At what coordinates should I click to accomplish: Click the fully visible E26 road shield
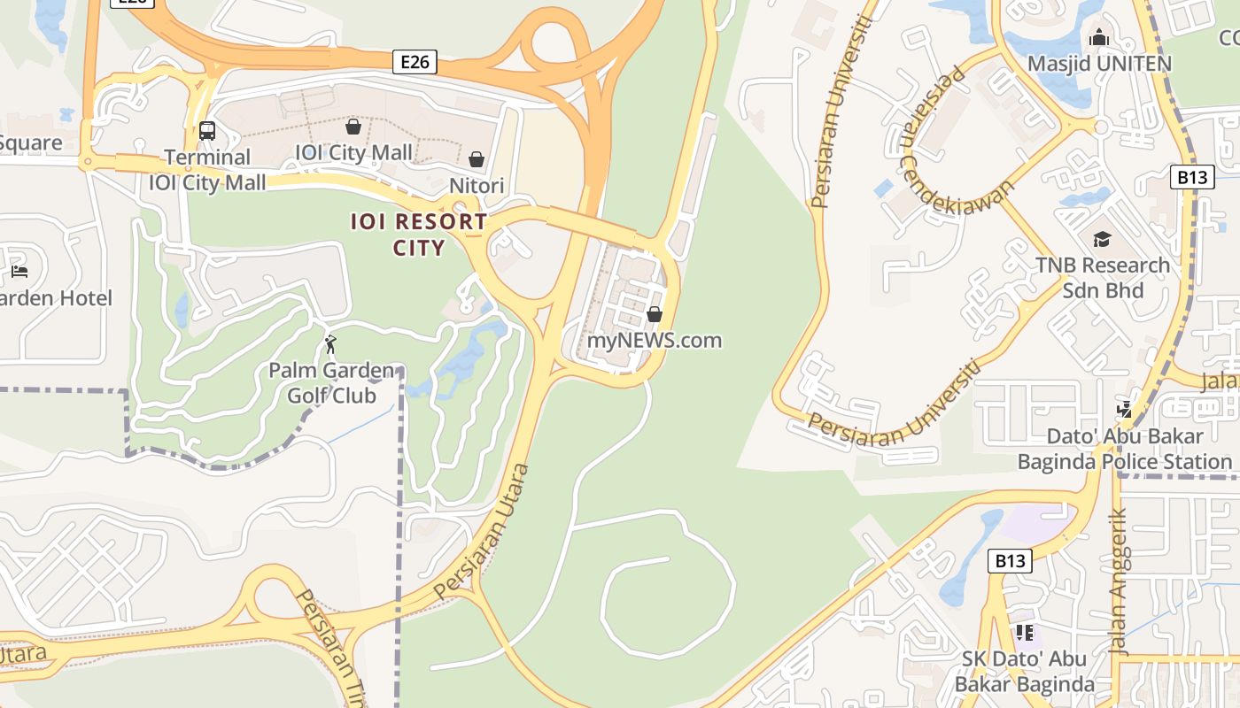coord(415,62)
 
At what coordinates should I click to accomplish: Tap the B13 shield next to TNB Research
coord(1192,177)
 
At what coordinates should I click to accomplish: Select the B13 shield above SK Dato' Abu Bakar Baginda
coord(1010,560)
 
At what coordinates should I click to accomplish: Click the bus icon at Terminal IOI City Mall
coord(207,131)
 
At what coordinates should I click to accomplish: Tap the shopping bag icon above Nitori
coord(477,159)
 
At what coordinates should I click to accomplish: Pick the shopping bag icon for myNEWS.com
coord(655,314)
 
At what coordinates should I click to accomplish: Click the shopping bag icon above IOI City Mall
coord(353,127)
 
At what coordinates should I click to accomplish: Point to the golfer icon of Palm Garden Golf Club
coord(330,343)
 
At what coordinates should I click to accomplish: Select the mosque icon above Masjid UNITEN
coord(1099,37)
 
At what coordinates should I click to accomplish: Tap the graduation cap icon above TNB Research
coord(1102,239)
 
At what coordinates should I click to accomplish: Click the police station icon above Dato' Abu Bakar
coord(1124,409)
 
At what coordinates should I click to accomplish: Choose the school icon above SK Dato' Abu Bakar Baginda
coord(1025,632)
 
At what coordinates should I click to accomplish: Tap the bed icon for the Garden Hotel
coord(19,271)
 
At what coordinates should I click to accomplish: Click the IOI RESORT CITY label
coord(419,234)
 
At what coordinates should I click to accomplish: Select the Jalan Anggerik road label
coord(1120,580)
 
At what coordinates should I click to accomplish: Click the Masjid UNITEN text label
coord(1099,64)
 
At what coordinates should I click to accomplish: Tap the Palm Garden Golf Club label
coord(331,382)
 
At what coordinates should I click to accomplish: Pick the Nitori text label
coord(477,185)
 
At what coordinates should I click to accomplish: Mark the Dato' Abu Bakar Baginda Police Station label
coord(1125,449)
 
